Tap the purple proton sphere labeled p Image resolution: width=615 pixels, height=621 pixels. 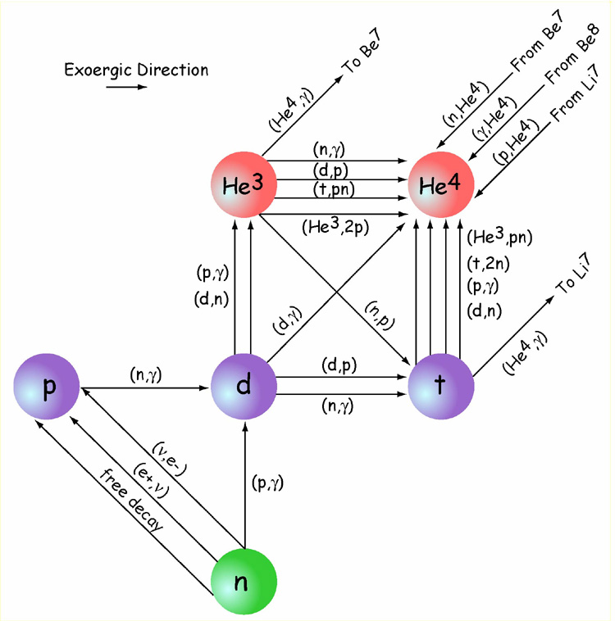(47, 387)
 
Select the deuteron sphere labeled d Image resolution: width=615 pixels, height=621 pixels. (243, 387)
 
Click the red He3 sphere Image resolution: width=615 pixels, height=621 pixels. (243, 186)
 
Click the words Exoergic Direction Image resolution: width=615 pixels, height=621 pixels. (136, 70)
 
